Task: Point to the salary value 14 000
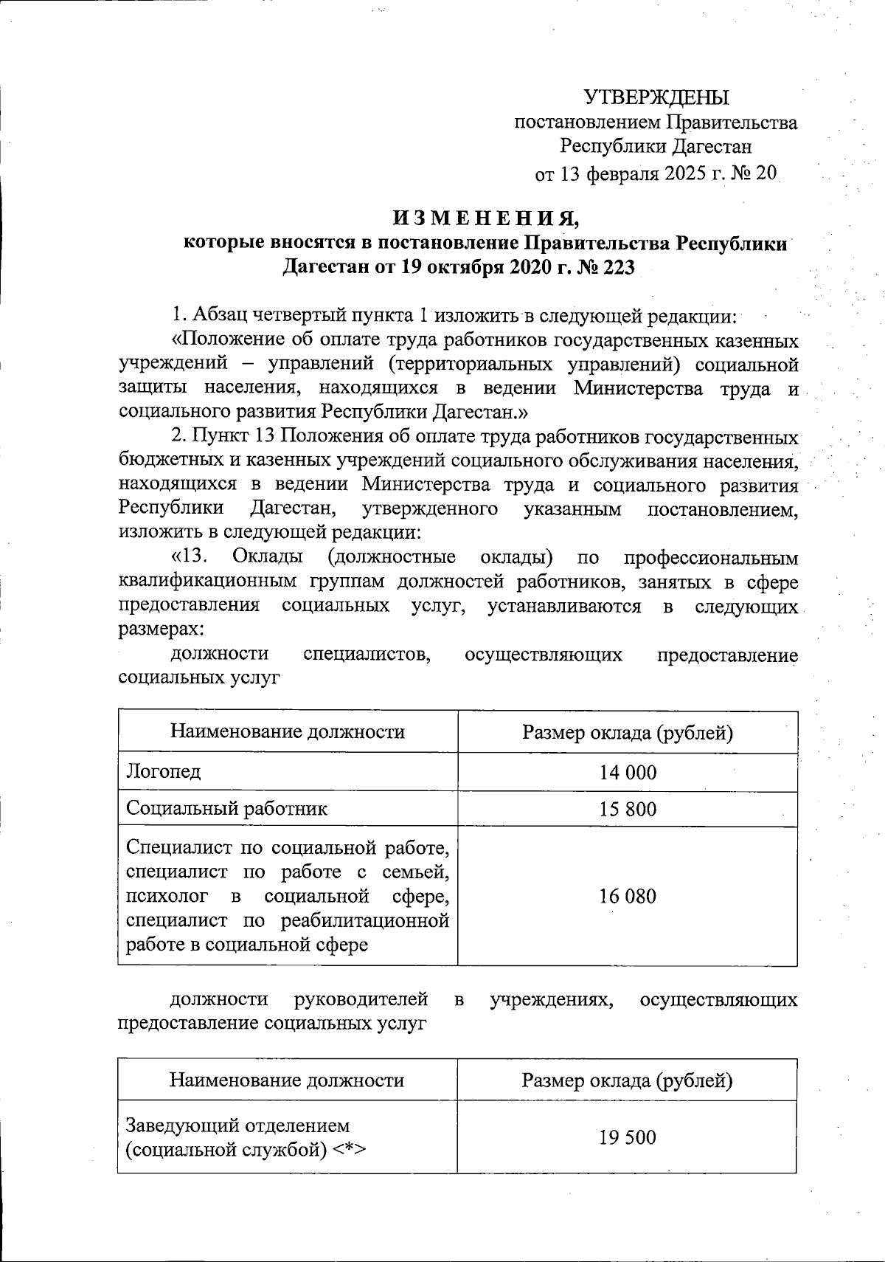click(x=627, y=772)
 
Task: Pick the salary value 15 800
click(x=627, y=809)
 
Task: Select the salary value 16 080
click(x=627, y=896)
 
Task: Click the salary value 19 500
click(x=627, y=1137)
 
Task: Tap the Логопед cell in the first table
click(x=163, y=772)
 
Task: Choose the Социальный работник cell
click(x=226, y=808)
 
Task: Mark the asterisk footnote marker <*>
click(x=348, y=1150)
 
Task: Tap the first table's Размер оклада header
click(x=627, y=732)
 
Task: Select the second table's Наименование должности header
click(x=287, y=1080)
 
